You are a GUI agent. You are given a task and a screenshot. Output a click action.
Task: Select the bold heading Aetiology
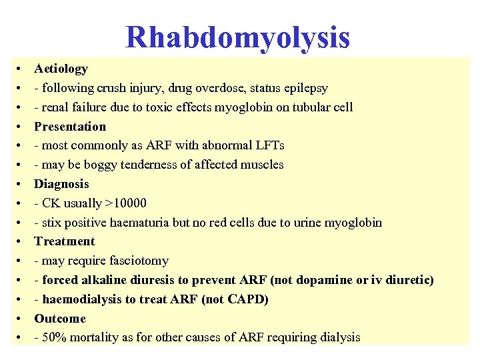pos(61,69)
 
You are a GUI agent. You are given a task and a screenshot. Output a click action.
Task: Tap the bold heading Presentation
pos(70,127)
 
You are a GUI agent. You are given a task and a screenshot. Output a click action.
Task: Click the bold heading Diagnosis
pos(61,184)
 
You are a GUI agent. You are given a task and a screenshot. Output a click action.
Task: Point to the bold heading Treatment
pos(65,241)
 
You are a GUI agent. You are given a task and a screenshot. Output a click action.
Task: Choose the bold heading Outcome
pos(60,319)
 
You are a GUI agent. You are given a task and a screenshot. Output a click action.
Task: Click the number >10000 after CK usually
pos(126,203)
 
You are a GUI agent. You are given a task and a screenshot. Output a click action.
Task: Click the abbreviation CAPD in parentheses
pos(245,299)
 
